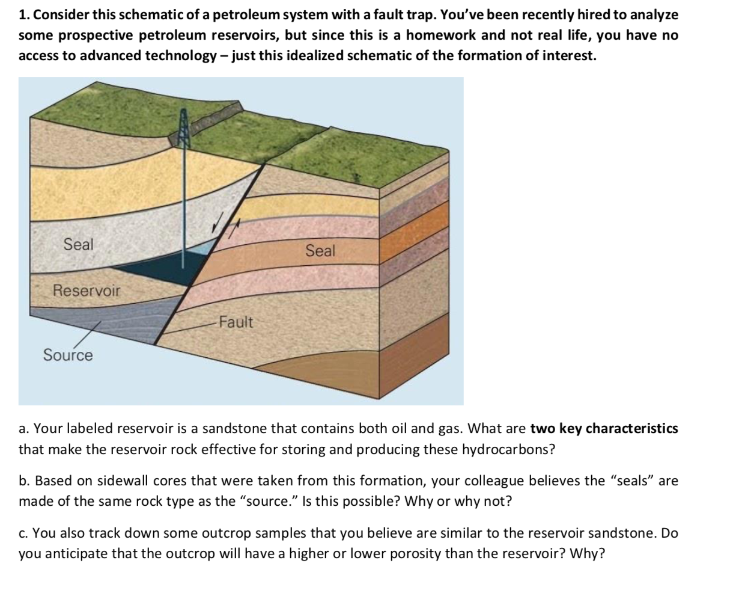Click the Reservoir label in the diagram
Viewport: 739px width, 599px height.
87,291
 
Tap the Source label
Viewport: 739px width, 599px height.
68,355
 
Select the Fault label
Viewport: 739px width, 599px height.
236,322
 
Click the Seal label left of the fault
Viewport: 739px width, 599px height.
79,245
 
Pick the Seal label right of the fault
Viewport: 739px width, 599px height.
320,251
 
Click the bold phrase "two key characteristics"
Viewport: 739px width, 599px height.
604,429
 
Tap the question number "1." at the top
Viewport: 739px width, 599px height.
25,15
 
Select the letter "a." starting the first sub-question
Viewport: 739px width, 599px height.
25,429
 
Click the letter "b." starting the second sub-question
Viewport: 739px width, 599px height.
25,481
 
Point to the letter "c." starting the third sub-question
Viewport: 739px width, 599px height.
25,533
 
